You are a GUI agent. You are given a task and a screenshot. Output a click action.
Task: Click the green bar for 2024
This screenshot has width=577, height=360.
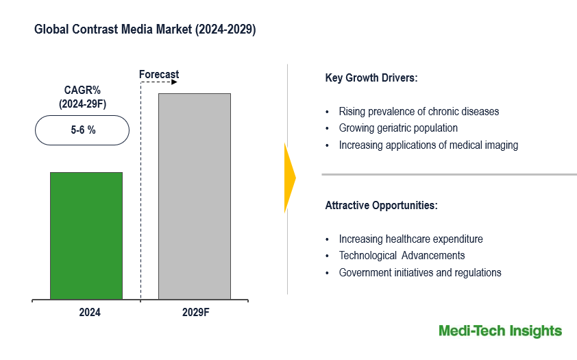[86, 236]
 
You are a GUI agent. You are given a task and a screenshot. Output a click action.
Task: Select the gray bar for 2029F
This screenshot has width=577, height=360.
[195, 197]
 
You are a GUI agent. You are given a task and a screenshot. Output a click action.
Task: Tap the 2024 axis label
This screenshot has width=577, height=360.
[90, 313]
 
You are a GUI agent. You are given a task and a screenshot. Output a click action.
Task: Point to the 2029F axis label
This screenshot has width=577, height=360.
[195, 313]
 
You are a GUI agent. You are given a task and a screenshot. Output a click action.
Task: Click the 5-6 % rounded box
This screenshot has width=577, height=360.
[82, 130]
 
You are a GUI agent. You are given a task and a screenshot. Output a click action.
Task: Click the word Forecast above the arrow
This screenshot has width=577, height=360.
[159, 74]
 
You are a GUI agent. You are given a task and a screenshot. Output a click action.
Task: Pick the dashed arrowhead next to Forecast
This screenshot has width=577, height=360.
[174, 82]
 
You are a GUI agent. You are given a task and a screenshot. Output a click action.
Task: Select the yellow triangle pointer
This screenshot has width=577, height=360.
[289, 178]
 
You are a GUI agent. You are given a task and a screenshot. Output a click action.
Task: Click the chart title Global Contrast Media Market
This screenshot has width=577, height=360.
[145, 30]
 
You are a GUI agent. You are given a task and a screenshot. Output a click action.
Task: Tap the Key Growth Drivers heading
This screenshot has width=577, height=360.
[371, 77]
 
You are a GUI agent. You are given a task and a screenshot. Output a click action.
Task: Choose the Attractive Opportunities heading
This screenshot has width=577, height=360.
[381, 205]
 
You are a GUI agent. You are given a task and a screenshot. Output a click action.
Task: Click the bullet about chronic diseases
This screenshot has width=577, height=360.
[419, 111]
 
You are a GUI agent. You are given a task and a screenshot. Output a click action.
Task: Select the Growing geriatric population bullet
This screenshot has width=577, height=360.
[398, 128]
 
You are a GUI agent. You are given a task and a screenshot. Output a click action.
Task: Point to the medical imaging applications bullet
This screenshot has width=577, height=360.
[428, 145]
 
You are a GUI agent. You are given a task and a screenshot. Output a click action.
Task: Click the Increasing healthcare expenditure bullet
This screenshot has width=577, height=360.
[410, 239]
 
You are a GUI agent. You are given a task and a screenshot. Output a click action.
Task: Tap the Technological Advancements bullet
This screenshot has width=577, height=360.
[402, 256]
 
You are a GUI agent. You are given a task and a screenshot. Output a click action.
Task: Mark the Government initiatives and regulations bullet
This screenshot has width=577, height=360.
[420, 273]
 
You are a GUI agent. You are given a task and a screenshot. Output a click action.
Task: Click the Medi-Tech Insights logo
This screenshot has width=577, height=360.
[500, 331]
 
